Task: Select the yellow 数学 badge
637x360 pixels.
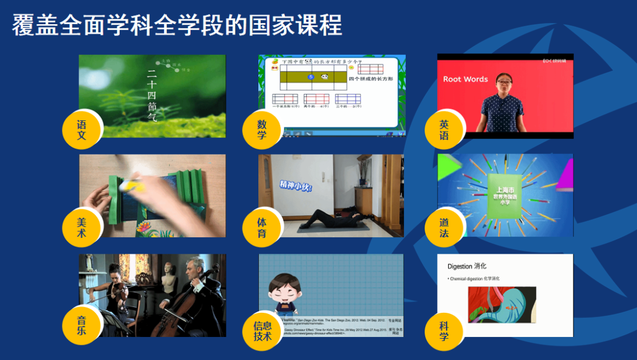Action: point(262,130)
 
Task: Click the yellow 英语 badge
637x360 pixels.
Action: point(444,130)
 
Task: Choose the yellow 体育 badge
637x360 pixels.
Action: point(262,228)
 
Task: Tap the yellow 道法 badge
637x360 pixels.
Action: point(444,228)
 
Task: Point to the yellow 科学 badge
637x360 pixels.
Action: point(444,330)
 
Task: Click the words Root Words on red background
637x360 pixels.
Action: point(465,79)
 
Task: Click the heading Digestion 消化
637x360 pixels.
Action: point(467,267)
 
